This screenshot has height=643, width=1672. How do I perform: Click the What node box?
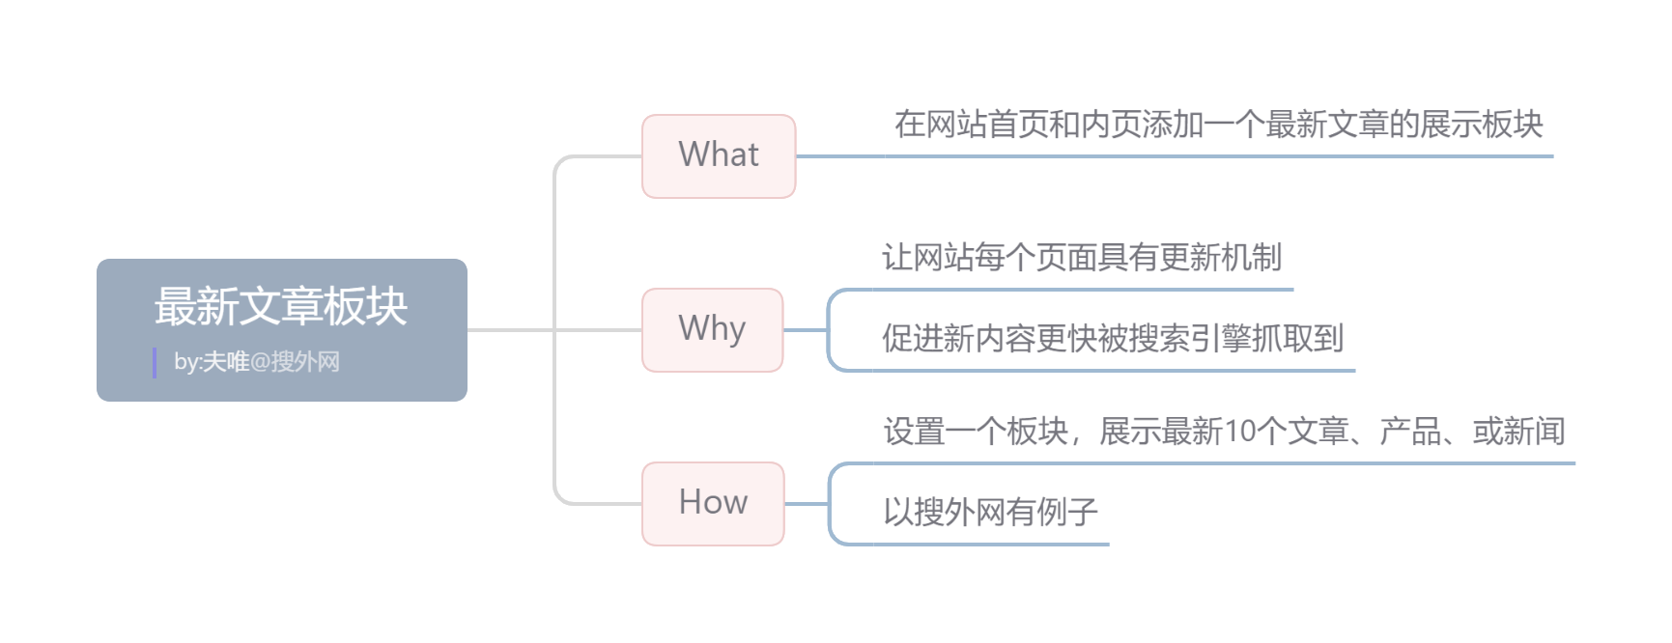tap(719, 156)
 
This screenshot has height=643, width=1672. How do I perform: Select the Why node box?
tap(712, 330)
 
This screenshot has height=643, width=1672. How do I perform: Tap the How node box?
tap(713, 504)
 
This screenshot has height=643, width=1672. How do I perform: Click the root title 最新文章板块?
tap(281, 306)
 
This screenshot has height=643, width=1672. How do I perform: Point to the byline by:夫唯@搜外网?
tap(257, 362)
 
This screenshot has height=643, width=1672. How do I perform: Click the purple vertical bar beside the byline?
tap(155, 363)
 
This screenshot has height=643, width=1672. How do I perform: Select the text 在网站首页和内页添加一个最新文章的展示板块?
tap(1218, 125)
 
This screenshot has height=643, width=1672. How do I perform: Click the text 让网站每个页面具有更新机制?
tap(1082, 258)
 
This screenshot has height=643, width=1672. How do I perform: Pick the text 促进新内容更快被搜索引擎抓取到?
tap(1113, 338)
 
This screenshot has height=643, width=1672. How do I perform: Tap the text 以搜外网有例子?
tap(991, 512)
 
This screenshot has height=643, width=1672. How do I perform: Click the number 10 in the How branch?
tap(1238, 432)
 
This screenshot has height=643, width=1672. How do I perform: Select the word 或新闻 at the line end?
tap(1518, 432)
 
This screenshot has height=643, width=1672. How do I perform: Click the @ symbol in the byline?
tap(260, 363)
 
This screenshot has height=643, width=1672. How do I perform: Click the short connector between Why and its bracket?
tap(805, 330)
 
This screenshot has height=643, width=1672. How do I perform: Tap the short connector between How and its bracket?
tap(807, 504)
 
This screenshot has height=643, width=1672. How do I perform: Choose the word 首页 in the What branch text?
tap(1003, 125)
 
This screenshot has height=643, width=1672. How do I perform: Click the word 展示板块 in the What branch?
tap(1482, 125)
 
